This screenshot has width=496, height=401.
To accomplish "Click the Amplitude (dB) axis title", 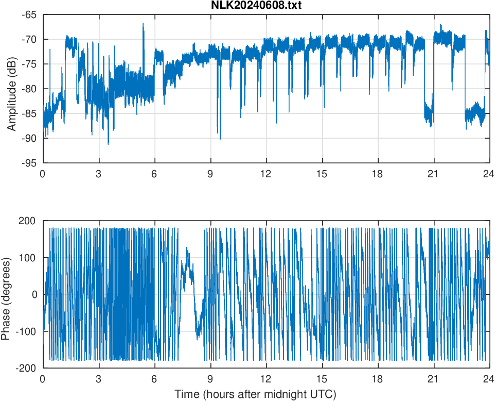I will [x=12, y=89].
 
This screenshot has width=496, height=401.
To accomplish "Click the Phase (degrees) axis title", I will [x=6, y=294].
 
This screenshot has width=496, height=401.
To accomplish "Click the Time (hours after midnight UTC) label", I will [x=255, y=394].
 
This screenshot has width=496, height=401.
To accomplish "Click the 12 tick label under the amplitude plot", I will [x=266, y=174].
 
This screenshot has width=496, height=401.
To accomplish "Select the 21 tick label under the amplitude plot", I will [x=434, y=174].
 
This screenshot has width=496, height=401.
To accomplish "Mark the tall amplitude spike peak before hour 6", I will [x=144, y=24].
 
